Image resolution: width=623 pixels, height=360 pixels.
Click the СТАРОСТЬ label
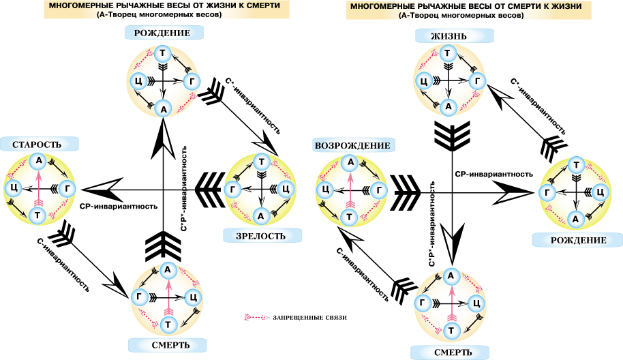point(37,145)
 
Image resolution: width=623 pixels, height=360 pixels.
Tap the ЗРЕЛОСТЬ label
point(261,236)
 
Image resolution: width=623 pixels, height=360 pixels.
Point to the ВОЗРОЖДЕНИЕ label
point(352,145)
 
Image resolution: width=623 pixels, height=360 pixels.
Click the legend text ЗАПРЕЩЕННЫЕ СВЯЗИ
point(309,318)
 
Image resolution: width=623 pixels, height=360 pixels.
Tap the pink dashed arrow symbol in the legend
point(257,318)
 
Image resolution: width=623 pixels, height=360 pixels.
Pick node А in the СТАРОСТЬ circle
point(39,160)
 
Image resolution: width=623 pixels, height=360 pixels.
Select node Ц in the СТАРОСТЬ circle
point(14,188)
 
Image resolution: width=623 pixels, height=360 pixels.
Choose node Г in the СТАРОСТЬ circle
point(67,188)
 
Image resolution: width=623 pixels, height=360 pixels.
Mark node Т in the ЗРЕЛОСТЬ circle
point(261,162)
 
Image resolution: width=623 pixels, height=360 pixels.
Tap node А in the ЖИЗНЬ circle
point(449,106)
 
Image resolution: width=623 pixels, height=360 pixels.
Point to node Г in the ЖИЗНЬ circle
point(477,81)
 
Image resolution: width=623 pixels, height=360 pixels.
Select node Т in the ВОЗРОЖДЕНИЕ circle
point(350,217)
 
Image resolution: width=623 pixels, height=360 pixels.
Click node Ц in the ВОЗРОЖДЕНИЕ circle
point(324,190)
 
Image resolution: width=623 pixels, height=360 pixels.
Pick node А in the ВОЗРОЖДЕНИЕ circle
point(350,162)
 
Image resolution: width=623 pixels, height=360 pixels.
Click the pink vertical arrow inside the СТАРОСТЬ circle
point(38,188)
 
